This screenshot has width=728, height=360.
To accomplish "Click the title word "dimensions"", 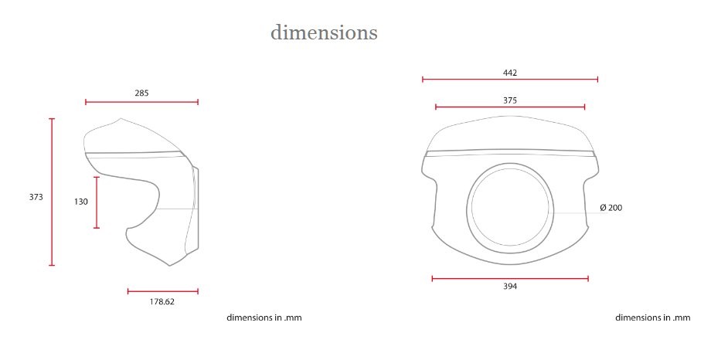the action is (324, 32).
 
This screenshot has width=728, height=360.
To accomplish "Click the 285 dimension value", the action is (141, 93).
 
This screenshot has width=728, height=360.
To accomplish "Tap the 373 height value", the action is (36, 197).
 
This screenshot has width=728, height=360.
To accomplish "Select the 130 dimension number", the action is (81, 202).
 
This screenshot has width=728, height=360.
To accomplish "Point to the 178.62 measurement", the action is (162, 301).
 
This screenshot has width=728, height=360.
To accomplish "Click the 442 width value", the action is (510, 73).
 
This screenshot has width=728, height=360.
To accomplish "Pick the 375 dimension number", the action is (510, 100).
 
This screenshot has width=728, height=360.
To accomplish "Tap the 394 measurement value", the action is (510, 287).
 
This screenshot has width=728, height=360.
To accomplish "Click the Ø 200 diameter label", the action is (611, 208).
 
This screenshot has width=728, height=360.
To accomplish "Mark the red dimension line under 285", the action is (141, 102).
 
